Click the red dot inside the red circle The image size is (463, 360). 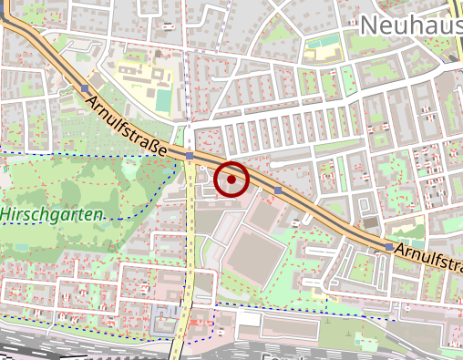[x=232, y=180]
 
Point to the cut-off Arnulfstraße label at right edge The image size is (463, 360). [x=430, y=257]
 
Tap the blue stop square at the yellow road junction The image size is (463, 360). [x=189, y=157]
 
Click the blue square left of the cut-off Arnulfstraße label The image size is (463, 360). [x=389, y=247]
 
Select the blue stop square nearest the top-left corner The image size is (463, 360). [x=85, y=88]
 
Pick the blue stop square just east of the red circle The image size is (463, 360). [x=278, y=190]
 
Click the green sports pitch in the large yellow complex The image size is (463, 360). [x=162, y=97]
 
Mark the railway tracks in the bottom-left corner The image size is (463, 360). [x=55, y=348]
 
